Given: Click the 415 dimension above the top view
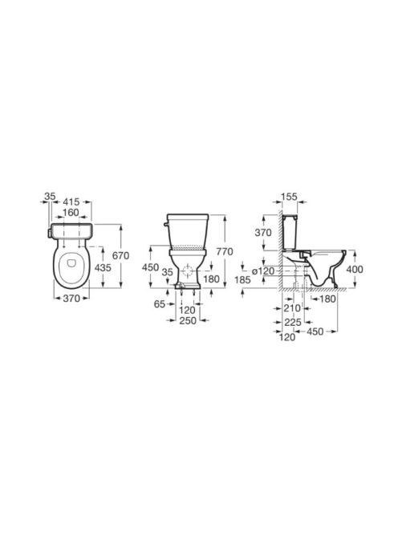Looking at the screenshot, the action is pos(71,202).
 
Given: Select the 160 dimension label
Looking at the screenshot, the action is pos(71,213).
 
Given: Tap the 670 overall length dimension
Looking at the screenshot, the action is pos(121,255).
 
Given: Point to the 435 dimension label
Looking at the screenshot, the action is pos(103,268).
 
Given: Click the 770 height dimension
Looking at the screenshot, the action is pos(225,252).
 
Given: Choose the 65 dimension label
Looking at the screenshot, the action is pos(160,304).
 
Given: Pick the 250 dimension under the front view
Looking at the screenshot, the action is pos(188,320).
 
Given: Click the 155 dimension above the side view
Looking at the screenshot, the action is pos(290,197).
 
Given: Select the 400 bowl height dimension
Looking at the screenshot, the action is pos(355,269).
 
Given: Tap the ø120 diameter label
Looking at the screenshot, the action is pos(262,271).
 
